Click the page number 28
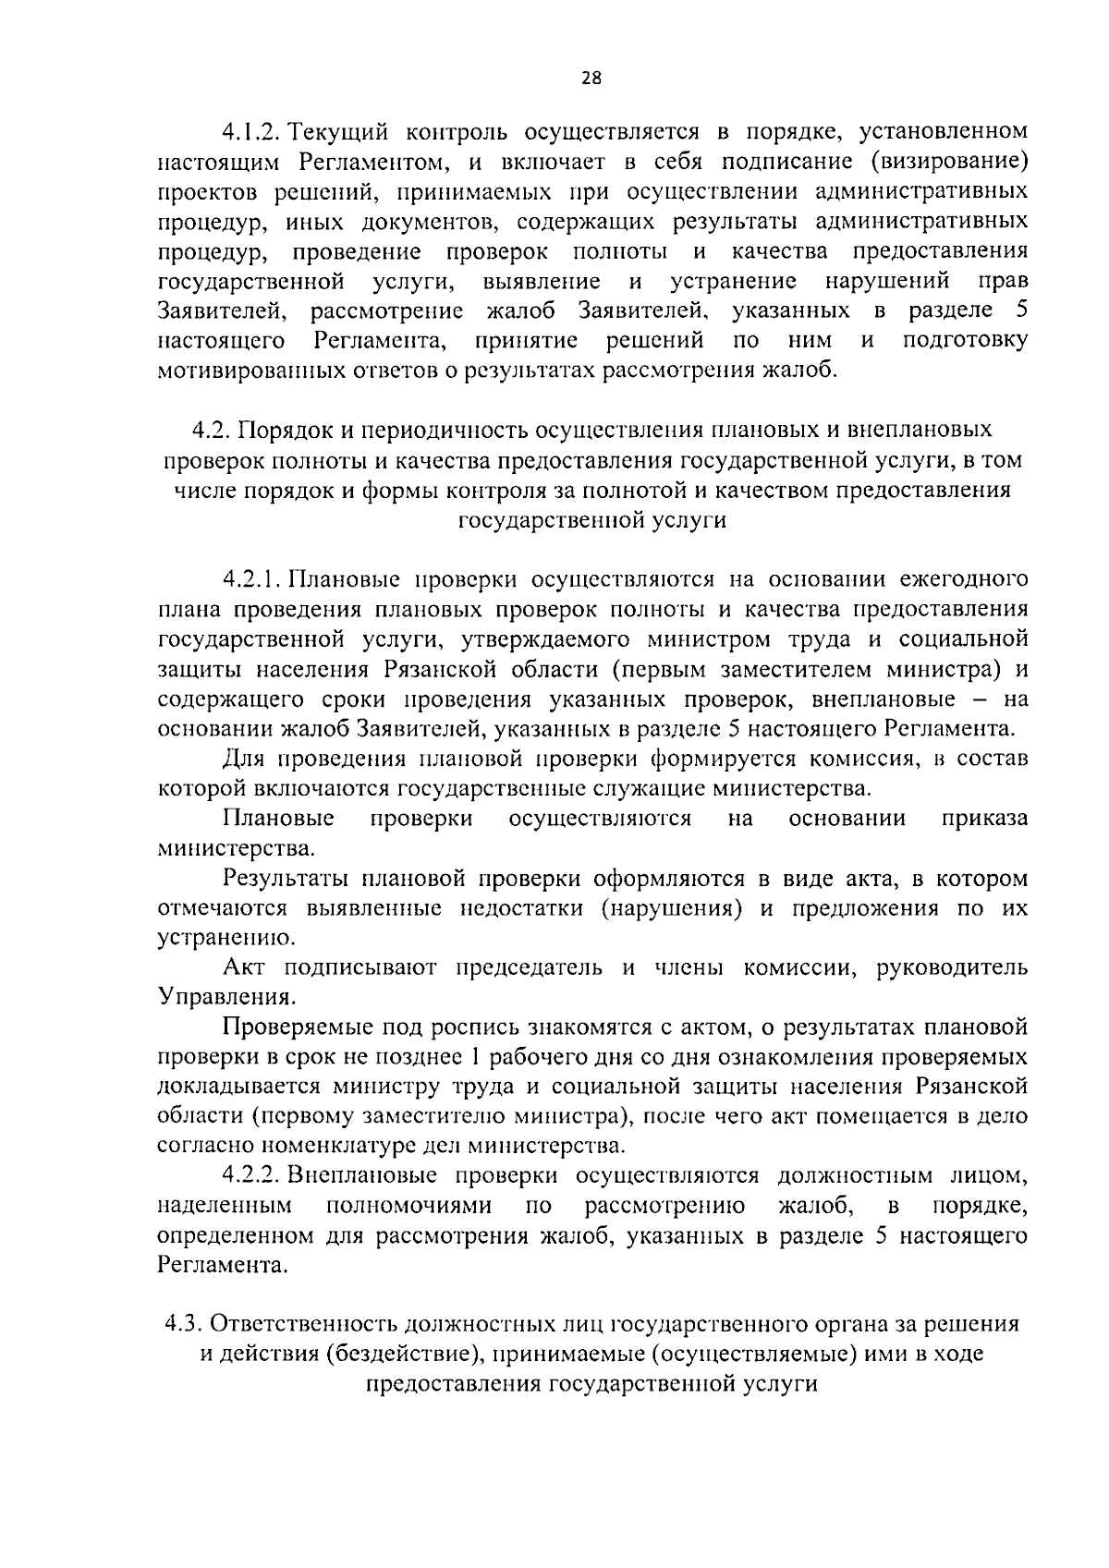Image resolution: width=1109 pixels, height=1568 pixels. tap(591, 79)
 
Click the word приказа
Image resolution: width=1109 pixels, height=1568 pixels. tap(984, 819)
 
